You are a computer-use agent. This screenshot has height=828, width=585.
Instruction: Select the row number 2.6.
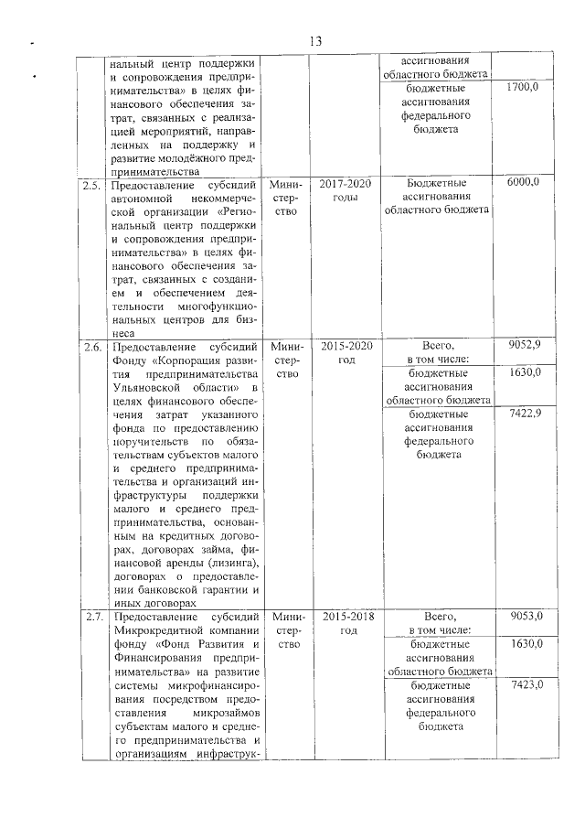pyautogui.click(x=90, y=346)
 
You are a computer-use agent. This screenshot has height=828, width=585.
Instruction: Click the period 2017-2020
pyautogui.click(x=346, y=183)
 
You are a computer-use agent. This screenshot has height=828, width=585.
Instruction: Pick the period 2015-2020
pyautogui.click(x=346, y=346)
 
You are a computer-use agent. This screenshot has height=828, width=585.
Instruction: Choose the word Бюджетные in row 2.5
pyautogui.click(x=437, y=183)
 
